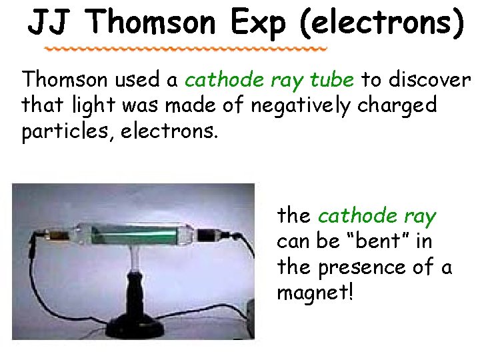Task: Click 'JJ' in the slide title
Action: pos(51,23)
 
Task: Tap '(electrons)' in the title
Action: pos(381,23)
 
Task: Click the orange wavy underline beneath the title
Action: pos(187,50)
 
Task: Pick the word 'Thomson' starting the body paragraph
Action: pos(65,80)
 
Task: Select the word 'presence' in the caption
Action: pos(362,267)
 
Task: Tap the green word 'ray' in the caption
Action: pos(420,216)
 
